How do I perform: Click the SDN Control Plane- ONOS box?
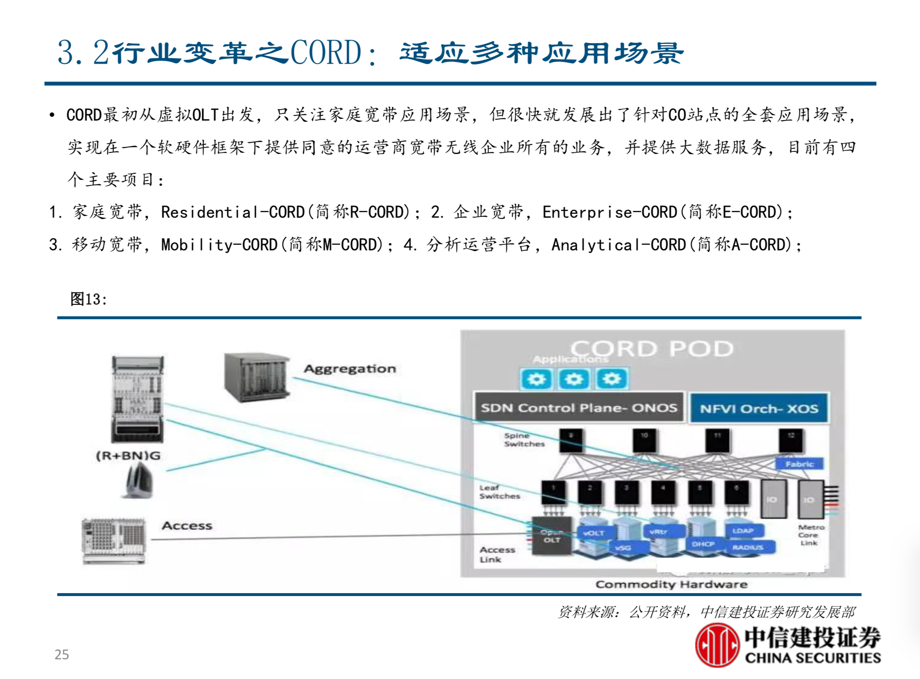click(578, 408)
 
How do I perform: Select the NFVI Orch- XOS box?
click(759, 409)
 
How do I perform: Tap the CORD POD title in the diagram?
click(652, 349)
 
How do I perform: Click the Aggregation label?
click(350, 369)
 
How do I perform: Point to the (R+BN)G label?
click(128, 456)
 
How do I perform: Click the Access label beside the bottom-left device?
click(187, 526)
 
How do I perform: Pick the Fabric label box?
click(799, 464)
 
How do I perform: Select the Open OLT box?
click(552, 536)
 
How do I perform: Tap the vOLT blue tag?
click(594, 533)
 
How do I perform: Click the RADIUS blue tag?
click(748, 548)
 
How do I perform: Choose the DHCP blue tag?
click(703, 544)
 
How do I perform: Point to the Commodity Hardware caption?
click(671, 584)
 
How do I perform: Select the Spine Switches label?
click(524, 440)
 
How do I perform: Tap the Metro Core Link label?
click(810, 535)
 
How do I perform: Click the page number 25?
click(62, 654)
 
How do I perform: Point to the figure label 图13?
click(88, 299)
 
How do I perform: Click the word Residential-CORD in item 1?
click(233, 212)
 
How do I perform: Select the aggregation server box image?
click(256, 376)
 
